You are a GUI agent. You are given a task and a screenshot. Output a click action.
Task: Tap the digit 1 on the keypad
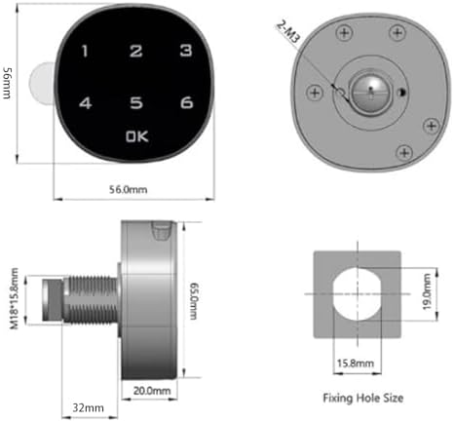tap(85, 51)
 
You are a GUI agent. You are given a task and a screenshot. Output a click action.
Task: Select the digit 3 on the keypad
tap(186, 51)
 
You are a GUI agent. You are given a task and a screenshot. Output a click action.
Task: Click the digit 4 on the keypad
tap(86, 103)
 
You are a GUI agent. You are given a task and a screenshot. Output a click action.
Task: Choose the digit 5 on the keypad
tap(136, 102)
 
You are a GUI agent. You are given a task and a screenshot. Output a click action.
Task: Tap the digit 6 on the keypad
tap(187, 102)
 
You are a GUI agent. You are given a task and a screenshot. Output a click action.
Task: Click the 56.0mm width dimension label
tap(128, 189)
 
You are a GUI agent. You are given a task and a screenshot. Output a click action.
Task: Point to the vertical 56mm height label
tap(7, 83)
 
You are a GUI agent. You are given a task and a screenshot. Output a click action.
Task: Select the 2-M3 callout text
tap(287, 32)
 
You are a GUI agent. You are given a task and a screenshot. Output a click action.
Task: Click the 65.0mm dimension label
tap(194, 301)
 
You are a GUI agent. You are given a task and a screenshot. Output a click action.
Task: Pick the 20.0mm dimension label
tap(152, 391)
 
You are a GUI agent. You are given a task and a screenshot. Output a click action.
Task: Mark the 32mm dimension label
tap(88, 407)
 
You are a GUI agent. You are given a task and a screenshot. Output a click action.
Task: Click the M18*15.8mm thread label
tap(14, 298)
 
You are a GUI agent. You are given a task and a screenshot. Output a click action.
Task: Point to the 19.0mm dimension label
tap(427, 291)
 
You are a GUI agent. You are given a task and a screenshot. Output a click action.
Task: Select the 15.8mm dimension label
tap(355, 363)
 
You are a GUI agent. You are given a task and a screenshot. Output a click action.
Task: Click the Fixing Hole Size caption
tap(363, 398)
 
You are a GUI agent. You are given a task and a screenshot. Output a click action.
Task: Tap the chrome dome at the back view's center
tap(370, 93)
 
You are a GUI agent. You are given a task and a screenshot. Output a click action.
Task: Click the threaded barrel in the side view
tap(91, 299)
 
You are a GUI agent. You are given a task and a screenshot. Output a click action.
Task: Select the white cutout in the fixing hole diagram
tap(358, 294)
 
